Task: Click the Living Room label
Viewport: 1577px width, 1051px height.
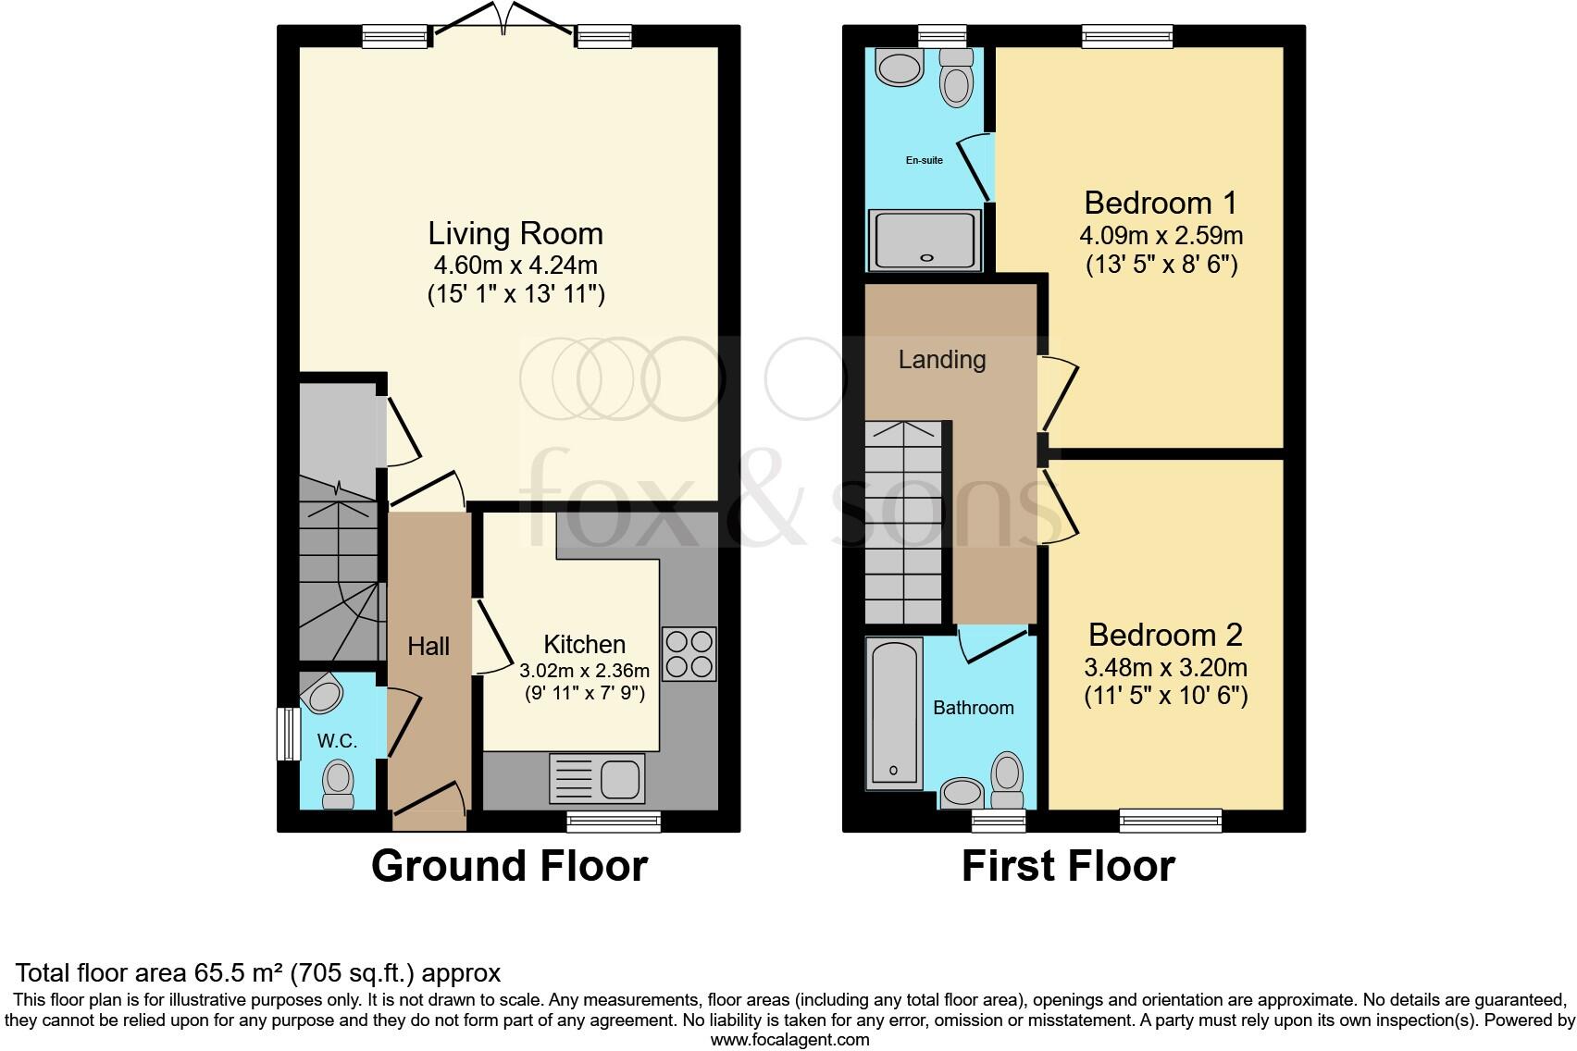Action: pos(515,233)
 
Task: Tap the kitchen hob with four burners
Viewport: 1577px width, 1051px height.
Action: pos(689,654)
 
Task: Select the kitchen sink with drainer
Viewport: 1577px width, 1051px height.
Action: pos(597,776)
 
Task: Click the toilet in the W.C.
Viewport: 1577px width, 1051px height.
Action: pos(338,784)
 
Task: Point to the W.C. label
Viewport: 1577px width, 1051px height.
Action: pos(337,741)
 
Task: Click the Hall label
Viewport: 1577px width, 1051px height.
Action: pos(428,646)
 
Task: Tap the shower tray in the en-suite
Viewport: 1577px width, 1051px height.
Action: pos(924,241)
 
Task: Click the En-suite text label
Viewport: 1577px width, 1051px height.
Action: pos(924,160)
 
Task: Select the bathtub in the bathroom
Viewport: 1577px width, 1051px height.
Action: pos(894,712)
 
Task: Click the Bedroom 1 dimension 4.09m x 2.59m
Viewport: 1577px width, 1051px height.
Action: pos(1161,235)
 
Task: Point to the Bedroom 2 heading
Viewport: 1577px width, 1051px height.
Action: pos(1164,635)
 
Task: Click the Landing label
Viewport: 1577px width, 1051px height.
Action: pos(941,359)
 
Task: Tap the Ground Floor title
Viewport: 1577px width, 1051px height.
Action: pos(509,866)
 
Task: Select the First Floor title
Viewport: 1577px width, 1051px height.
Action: pos(1068,866)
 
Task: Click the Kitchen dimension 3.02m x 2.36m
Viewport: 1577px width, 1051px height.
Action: pos(584,671)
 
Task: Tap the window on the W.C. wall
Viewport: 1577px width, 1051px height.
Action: pos(289,735)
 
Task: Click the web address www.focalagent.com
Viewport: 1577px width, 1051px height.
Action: pos(789,1040)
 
